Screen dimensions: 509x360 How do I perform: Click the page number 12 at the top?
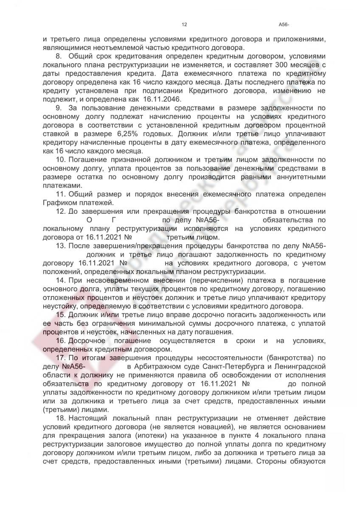(x=184, y=25)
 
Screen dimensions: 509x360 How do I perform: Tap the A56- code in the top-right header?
(x=284, y=25)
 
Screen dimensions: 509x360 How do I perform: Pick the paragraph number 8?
(x=59, y=55)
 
